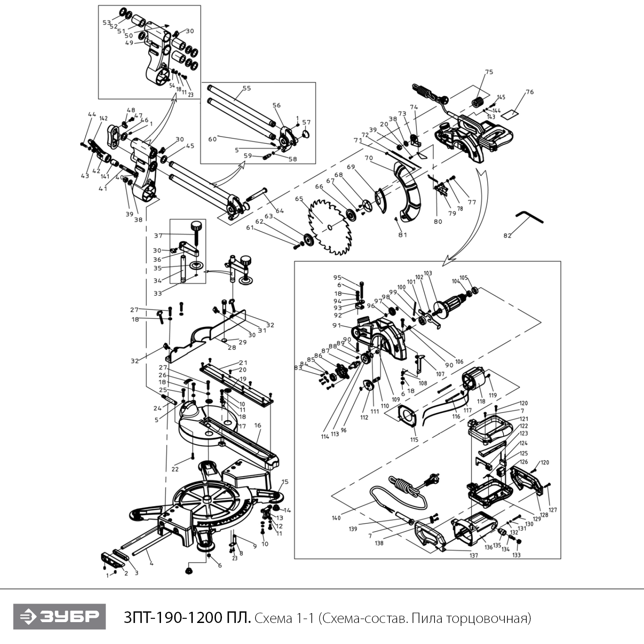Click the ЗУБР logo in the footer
click(x=59, y=617)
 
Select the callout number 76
click(x=529, y=92)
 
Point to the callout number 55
click(x=246, y=88)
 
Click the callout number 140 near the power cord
click(x=336, y=518)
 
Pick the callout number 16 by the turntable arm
click(x=258, y=425)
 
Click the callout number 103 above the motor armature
click(x=428, y=273)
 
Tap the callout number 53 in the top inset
click(x=106, y=23)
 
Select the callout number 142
click(x=103, y=118)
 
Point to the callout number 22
click(x=175, y=469)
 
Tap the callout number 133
click(x=516, y=555)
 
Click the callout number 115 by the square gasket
click(x=414, y=440)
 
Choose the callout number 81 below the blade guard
click(x=402, y=235)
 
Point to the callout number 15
click(x=285, y=482)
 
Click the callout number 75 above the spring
click(x=489, y=72)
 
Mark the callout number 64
click(x=280, y=211)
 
